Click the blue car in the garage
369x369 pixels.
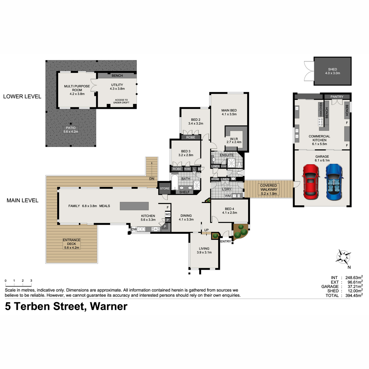334,182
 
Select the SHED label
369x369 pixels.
332,69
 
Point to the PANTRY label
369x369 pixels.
337,97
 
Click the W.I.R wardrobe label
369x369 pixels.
234,139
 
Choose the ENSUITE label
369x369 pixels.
227,155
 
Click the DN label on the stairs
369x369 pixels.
152,179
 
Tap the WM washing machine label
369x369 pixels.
228,196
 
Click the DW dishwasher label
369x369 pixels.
134,229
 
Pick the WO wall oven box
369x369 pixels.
168,214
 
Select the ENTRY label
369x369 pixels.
226,241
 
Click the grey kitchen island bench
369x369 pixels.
134,206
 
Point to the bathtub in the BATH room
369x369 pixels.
175,182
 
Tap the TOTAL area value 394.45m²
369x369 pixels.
354,296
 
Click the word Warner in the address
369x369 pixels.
109,306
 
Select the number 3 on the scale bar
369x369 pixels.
31,280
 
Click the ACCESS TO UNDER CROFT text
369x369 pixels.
121,101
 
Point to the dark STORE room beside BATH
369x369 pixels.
165,188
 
